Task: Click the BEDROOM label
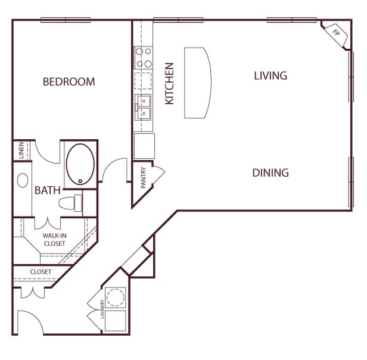(69, 82)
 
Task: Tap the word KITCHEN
(169, 83)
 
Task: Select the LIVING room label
(270, 76)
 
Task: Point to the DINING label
(270, 173)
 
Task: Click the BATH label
(48, 190)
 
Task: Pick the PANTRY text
(144, 178)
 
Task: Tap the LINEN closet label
(21, 151)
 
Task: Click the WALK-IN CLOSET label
(55, 240)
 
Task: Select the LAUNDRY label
(102, 309)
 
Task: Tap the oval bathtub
(80, 164)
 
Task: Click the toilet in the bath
(70, 203)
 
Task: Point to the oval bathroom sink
(23, 180)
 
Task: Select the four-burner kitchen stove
(144, 58)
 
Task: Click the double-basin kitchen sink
(143, 107)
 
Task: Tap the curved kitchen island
(198, 83)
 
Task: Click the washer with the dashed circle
(116, 297)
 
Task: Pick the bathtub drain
(80, 181)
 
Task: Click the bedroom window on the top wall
(66, 20)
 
